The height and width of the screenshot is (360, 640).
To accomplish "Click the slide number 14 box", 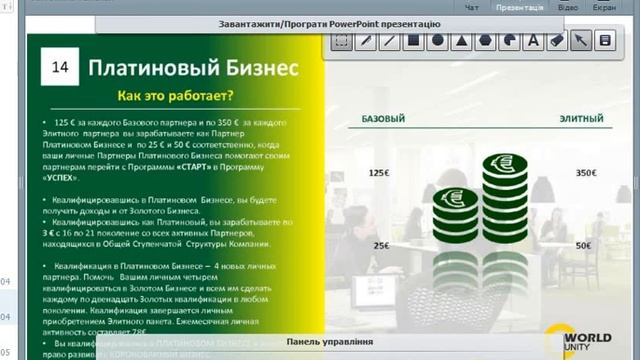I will pyautogui.click(x=58, y=68).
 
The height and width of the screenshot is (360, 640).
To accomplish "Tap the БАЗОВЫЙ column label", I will pyautogui.click(x=382, y=119).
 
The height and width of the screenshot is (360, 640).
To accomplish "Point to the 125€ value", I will pyautogui.click(x=379, y=173).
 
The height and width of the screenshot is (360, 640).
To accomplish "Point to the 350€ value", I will pyautogui.click(x=585, y=173).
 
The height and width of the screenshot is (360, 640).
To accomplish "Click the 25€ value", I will pyautogui.click(x=382, y=245).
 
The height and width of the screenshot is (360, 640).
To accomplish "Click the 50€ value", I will pyautogui.click(x=584, y=245).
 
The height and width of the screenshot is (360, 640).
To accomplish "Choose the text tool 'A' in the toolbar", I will pyautogui.click(x=533, y=41).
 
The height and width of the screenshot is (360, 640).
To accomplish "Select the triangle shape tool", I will pyautogui.click(x=461, y=41).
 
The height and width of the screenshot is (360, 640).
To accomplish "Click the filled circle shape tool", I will pyautogui.click(x=437, y=41).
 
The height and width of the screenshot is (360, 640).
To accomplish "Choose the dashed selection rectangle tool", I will pyautogui.click(x=341, y=41).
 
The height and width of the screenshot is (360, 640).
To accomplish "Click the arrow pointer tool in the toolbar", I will pyautogui.click(x=605, y=41).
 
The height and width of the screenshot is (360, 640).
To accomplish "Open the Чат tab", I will pyautogui.click(x=474, y=7).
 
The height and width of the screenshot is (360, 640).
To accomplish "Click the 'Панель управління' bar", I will pyautogui.click(x=330, y=342).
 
